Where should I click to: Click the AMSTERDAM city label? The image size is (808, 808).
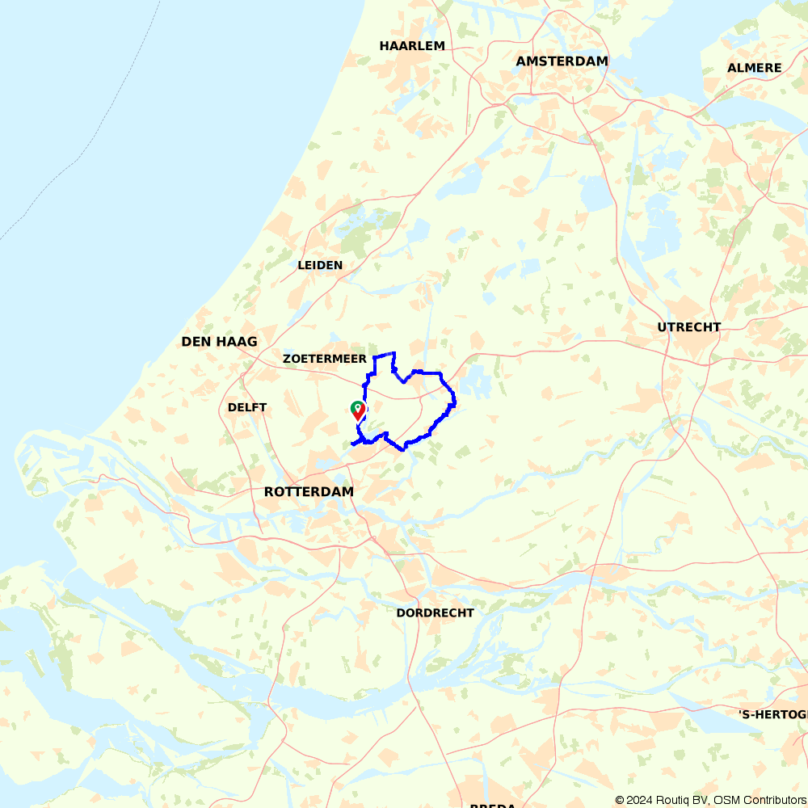click(562, 61)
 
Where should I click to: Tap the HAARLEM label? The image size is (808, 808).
click(412, 46)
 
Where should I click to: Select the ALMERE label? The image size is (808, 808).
click(754, 68)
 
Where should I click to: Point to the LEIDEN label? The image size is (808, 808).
click(320, 265)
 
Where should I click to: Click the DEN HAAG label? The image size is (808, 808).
click(219, 342)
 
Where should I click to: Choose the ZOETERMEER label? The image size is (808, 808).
click(325, 358)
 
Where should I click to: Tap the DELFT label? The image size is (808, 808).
click(247, 407)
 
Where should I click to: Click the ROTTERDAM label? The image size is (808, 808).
click(309, 491)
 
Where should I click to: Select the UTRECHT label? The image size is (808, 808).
click(688, 327)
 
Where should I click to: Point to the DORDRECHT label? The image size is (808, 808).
click(435, 612)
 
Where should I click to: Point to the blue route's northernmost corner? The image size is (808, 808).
click(393, 353)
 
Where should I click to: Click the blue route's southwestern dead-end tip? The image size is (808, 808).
click(352, 444)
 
